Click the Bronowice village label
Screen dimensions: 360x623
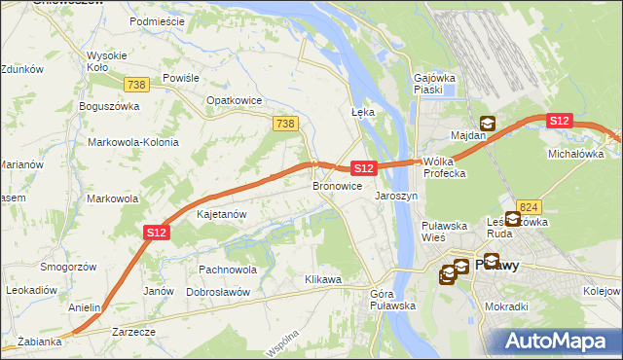point(337,185)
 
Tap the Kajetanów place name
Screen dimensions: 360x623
point(222,213)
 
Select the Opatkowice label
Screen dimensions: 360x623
point(231,99)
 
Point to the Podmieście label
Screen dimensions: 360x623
point(157,20)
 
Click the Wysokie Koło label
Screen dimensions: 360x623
point(105,61)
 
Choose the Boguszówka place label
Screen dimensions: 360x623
point(110,106)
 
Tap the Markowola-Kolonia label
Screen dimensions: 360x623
point(133,142)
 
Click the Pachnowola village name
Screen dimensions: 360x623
point(227,269)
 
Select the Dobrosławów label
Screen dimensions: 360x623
point(219,292)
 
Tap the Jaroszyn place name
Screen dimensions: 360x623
point(396,195)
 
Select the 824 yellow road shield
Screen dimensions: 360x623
point(529,206)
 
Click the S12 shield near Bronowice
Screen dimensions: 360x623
point(362,168)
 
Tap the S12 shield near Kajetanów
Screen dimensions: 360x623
point(158,232)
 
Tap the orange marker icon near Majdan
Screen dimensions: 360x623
point(487,124)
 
